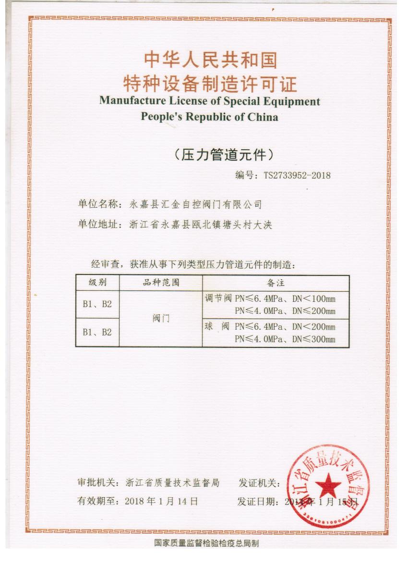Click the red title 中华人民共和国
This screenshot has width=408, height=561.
(210, 60)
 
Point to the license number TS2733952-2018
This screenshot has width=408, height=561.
(297, 175)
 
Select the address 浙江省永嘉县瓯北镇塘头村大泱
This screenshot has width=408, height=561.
(201, 225)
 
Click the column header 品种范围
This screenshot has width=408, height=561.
(161, 283)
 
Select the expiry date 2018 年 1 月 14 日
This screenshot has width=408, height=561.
(161, 501)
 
